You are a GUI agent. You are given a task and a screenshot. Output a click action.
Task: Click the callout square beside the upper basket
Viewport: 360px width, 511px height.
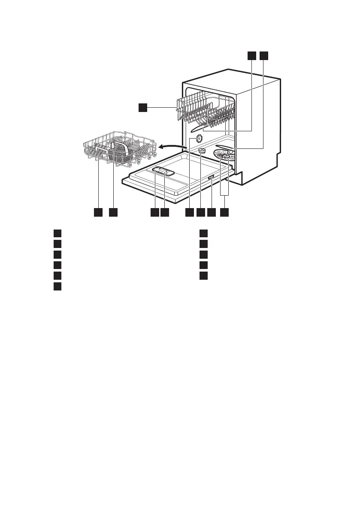click(143, 107)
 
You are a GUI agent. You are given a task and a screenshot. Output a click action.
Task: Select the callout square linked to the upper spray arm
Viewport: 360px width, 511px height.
click(252, 55)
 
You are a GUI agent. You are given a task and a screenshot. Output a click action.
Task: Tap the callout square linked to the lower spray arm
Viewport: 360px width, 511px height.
click(263, 55)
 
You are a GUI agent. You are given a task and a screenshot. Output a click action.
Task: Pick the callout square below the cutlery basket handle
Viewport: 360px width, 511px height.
click(113, 212)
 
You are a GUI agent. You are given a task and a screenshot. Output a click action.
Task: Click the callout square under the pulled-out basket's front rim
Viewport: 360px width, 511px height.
click(98, 212)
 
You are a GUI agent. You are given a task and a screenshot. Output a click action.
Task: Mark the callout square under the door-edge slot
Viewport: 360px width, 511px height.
click(211, 212)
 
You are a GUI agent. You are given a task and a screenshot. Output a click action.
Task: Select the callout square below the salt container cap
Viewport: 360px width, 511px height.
click(200, 212)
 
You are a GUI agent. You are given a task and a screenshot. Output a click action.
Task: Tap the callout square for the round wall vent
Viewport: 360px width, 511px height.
click(189, 212)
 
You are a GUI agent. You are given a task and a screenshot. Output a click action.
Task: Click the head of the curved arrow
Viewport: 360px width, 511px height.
click(159, 147)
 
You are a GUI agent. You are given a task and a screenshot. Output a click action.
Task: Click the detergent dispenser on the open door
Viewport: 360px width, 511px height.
click(163, 171)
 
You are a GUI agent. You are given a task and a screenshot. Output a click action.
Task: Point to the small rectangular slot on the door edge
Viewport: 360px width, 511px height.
click(211, 178)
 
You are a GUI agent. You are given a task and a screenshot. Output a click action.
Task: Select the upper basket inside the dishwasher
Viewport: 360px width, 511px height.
click(206, 109)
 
